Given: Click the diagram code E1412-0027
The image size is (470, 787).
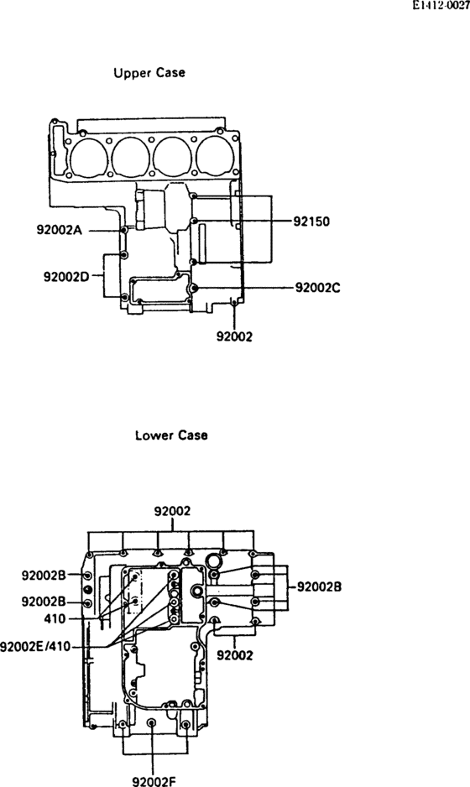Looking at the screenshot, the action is tap(441, 6).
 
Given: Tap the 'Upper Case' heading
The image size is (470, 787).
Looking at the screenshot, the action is tap(149, 73).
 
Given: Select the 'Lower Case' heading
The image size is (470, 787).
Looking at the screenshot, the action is tap(171, 435).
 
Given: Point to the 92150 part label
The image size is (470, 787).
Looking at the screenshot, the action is tap(312, 221).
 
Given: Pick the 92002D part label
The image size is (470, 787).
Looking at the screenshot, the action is tap(66, 277).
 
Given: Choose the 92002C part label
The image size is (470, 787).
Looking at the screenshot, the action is tap(317, 288).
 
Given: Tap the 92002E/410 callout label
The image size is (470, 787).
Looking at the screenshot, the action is tap(35, 646).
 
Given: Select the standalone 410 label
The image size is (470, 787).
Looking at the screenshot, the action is tap(55, 618).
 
